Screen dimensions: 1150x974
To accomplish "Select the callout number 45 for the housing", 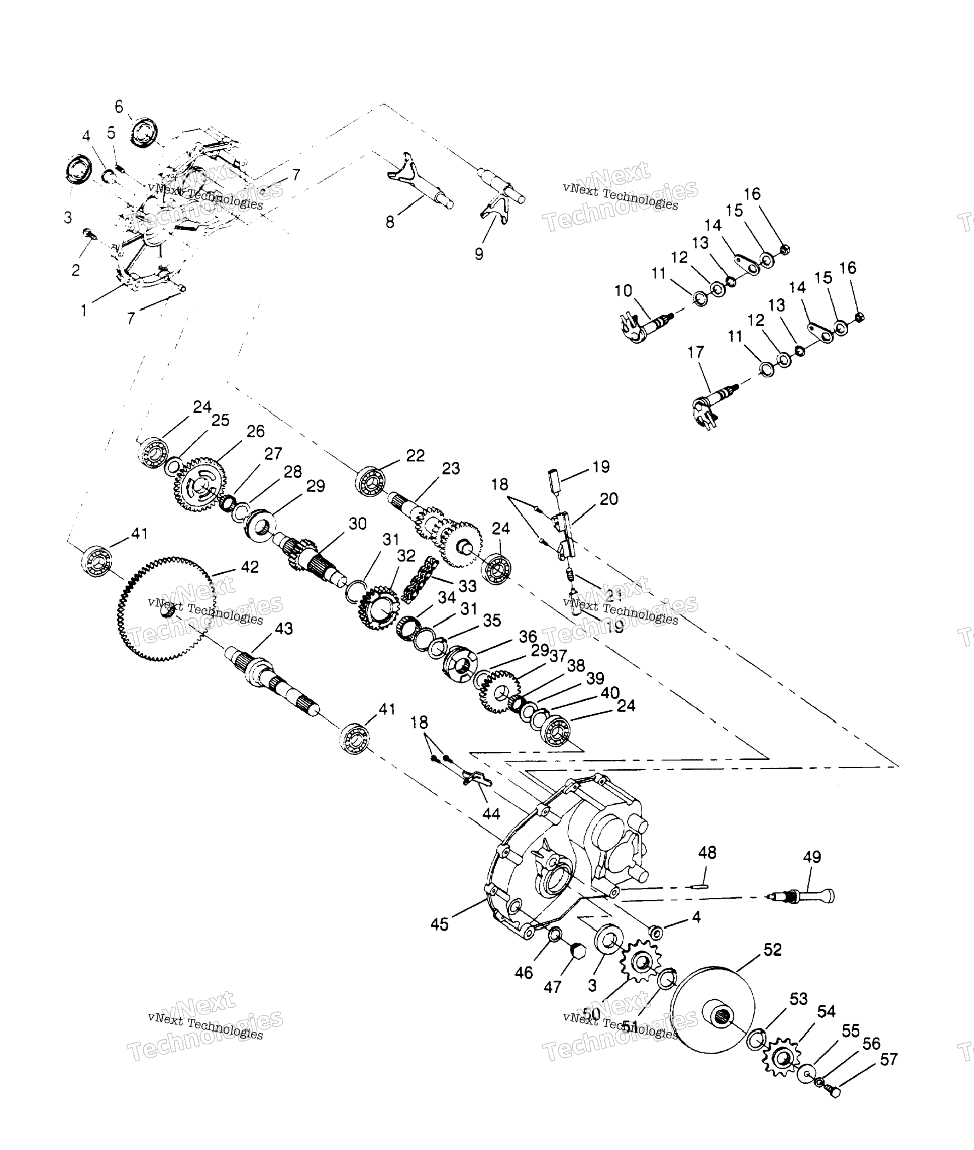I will (440, 924).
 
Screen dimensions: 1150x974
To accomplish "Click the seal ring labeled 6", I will (145, 132).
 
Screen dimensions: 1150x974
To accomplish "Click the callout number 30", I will (357, 523).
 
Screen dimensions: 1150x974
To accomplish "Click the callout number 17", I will (696, 352).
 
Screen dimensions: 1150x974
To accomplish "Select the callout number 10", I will (623, 291).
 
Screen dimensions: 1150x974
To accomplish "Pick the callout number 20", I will (608, 499).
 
